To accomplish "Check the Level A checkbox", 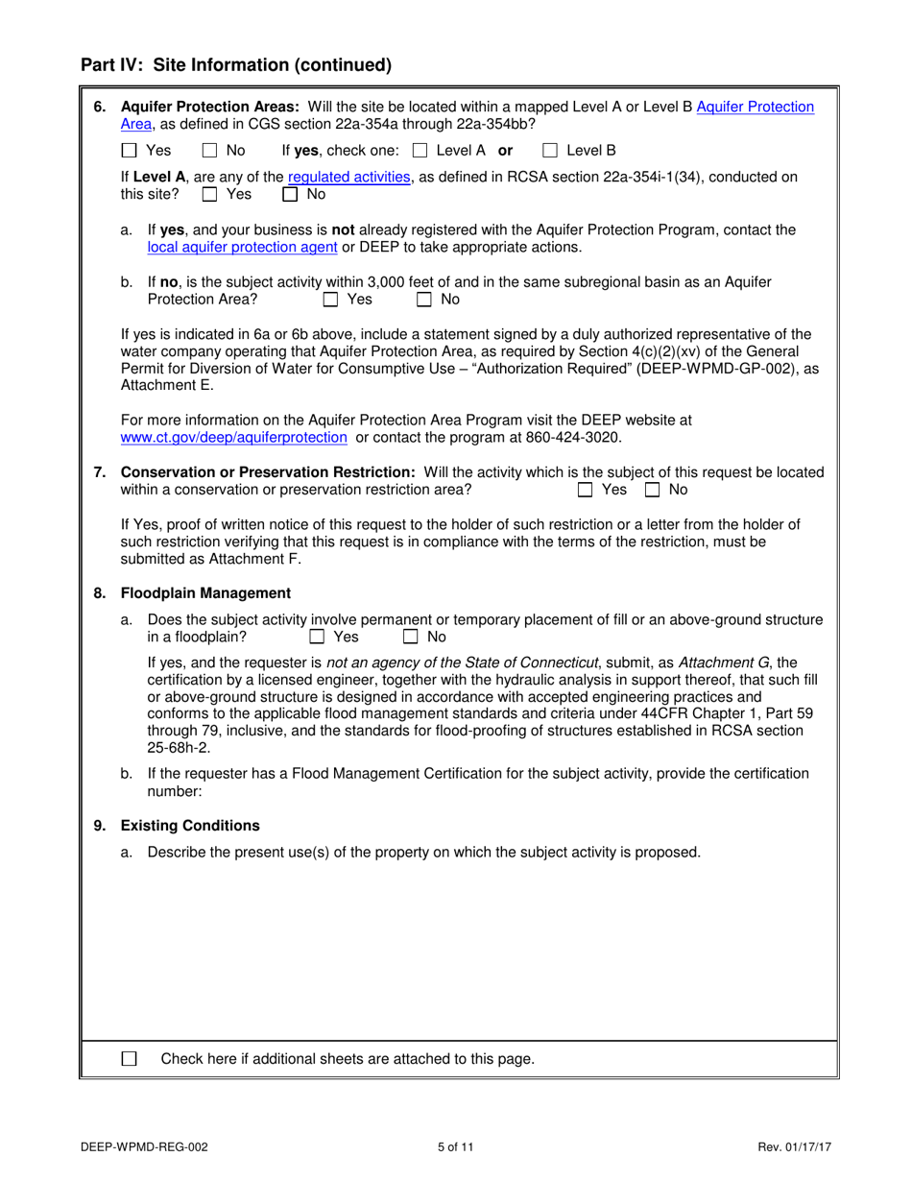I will [x=420, y=151].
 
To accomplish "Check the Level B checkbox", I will [x=550, y=151].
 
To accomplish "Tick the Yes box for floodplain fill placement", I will [x=317, y=637].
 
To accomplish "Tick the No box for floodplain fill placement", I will [x=411, y=637].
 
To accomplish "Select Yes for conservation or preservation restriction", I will [x=586, y=490].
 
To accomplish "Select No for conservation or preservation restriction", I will [x=653, y=490].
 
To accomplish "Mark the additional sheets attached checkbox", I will [x=130, y=1059].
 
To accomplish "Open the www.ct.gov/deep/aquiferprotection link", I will [x=233, y=437].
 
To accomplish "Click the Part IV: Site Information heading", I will [x=236, y=65].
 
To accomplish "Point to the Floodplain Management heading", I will [x=205, y=592].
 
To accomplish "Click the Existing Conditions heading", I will [x=190, y=826].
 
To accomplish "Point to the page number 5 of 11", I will [x=455, y=1146].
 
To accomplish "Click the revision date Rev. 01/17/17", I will [x=794, y=1146].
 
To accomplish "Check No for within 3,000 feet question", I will [x=424, y=300].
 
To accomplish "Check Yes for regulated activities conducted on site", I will [x=210, y=194].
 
